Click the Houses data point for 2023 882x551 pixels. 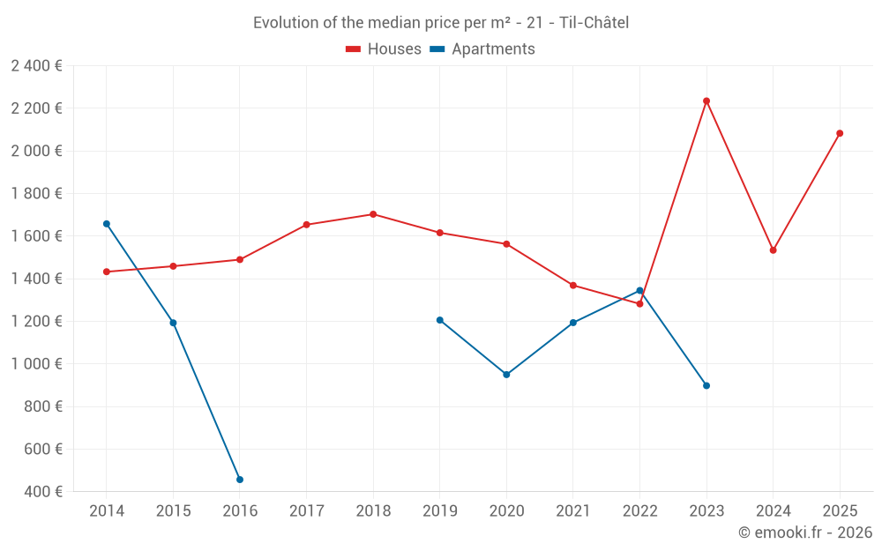click(x=706, y=101)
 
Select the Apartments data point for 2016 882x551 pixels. click(x=240, y=480)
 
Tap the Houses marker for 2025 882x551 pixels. click(x=840, y=133)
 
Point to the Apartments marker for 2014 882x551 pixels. click(x=107, y=224)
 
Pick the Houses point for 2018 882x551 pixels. click(x=373, y=214)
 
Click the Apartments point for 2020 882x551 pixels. click(x=506, y=375)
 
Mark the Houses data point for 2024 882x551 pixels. click(x=774, y=250)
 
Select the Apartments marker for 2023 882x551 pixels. click(x=706, y=385)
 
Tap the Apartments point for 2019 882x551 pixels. click(x=440, y=320)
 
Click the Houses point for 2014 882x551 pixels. click(x=107, y=272)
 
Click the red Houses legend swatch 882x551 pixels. click(x=354, y=49)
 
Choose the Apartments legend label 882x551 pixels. click(x=493, y=49)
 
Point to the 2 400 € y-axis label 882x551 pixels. click(x=36, y=65)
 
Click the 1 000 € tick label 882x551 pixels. click(x=36, y=364)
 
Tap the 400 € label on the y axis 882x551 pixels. click(x=42, y=492)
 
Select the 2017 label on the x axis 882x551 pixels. click(x=306, y=511)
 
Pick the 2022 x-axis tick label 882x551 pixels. click(x=639, y=511)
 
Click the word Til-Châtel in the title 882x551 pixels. click(x=594, y=23)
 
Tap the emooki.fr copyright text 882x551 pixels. click(x=805, y=532)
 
